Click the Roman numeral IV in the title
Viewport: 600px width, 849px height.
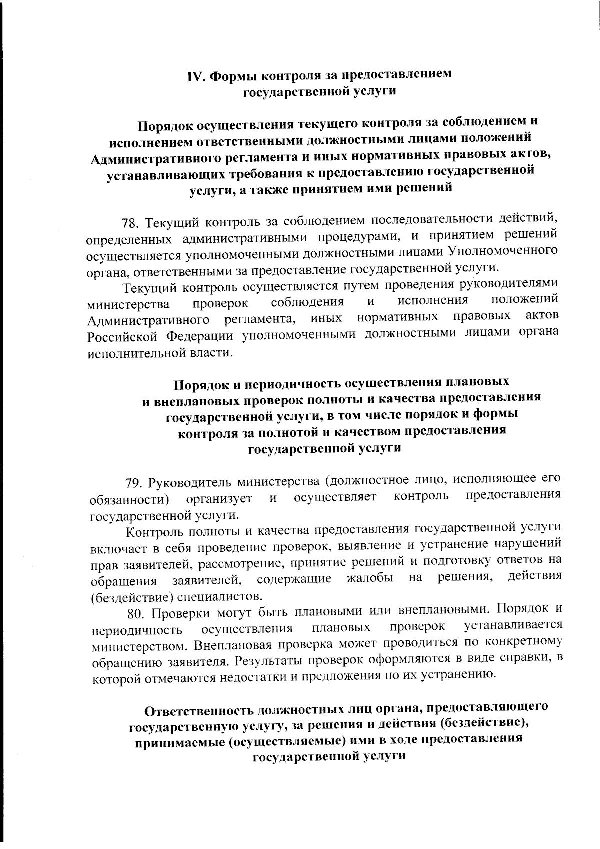click(x=195, y=76)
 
